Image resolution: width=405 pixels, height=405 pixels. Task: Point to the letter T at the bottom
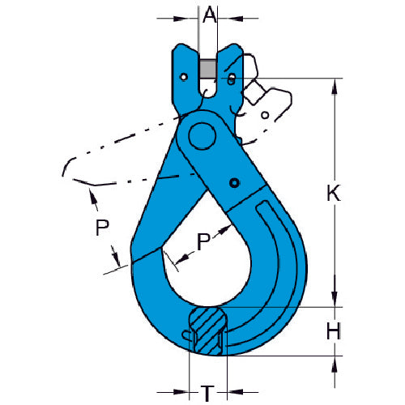[207, 394]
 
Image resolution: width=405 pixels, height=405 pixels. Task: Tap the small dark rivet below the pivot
[234, 182]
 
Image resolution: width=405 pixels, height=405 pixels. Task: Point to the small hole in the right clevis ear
[232, 79]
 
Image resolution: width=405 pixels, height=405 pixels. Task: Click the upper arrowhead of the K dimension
[334, 83]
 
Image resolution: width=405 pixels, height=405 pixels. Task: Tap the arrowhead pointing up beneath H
[334, 361]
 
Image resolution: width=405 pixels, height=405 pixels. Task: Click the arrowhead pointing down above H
[334, 301]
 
